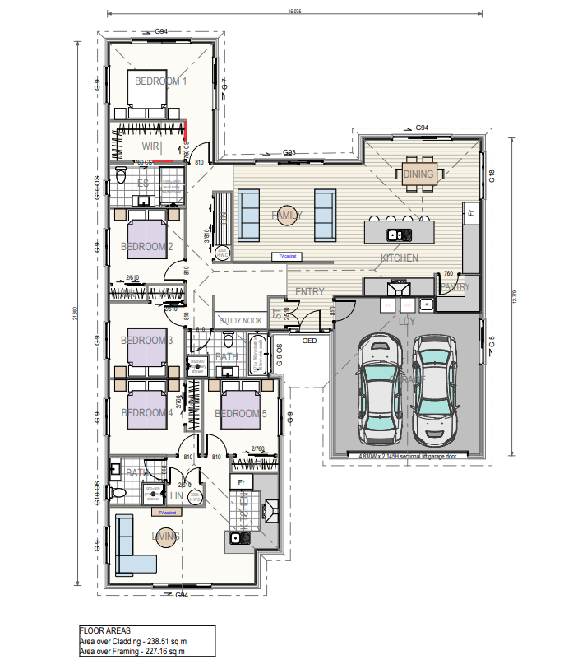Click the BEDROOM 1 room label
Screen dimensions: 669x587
coord(161,81)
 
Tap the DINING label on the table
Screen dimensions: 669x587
coord(419,174)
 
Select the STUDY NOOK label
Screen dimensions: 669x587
coord(240,321)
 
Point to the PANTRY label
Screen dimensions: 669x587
coord(454,287)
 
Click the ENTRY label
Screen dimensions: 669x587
coord(309,292)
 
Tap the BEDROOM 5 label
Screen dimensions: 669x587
coord(241,414)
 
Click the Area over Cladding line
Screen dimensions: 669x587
coord(132,641)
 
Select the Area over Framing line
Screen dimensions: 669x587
coord(132,651)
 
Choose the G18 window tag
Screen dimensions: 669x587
coord(491,177)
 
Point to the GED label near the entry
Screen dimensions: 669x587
coord(310,340)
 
